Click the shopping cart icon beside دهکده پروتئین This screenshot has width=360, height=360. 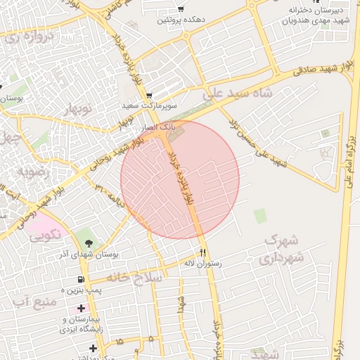point(181,9)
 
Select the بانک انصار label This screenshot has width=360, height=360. point(157,127)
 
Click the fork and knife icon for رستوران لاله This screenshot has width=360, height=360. point(203,252)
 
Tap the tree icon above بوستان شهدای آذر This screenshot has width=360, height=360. point(89,243)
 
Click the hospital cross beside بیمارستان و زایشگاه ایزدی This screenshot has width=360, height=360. point(82,308)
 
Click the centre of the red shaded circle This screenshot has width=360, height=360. point(180,179)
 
